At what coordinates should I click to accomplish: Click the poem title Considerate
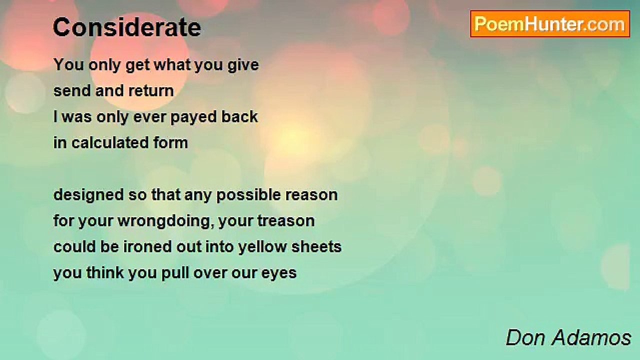[x=127, y=27]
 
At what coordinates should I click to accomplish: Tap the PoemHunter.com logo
[x=550, y=24]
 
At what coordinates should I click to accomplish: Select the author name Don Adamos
[x=568, y=338]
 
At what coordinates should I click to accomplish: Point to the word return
[x=151, y=91]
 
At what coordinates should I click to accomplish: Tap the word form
[x=171, y=142]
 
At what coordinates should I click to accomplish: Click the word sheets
[x=316, y=247]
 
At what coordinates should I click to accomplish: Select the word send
[x=72, y=91]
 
